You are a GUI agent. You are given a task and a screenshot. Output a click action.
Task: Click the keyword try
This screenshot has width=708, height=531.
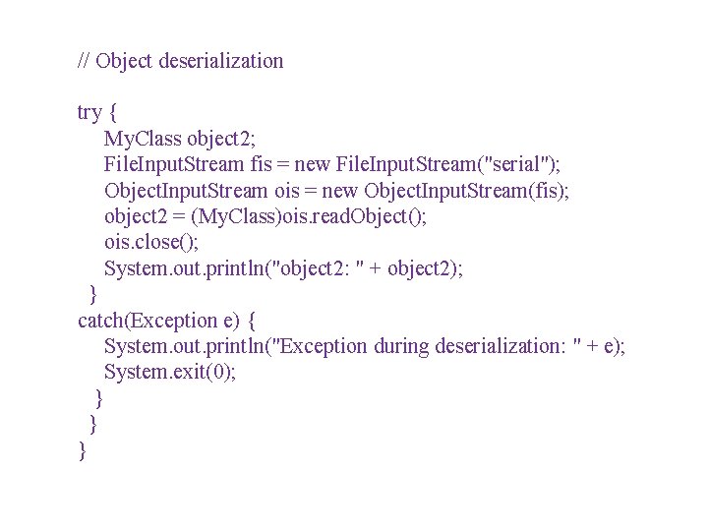(89, 112)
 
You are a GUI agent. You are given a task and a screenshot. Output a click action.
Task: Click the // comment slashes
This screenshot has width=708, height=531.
(84, 61)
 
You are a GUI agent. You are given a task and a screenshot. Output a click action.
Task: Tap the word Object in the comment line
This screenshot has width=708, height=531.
(124, 61)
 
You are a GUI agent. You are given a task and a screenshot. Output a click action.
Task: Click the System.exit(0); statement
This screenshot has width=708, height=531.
(170, 372)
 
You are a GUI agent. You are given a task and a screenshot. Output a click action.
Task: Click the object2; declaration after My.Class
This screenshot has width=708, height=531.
(221, 139)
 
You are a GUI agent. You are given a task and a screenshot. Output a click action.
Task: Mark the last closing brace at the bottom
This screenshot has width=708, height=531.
(82, 450)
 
